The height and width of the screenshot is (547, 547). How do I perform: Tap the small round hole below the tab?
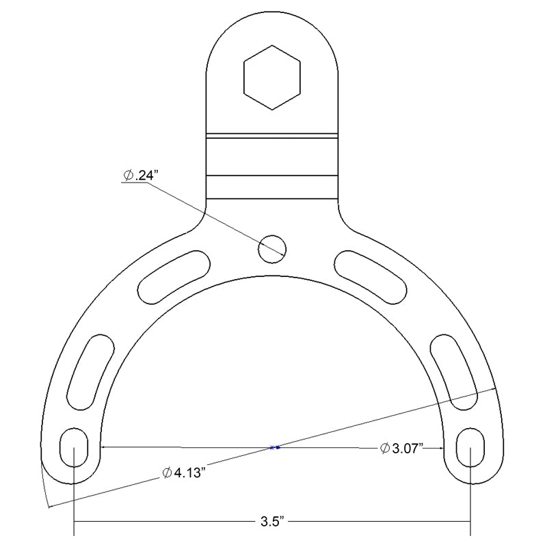(271, 248)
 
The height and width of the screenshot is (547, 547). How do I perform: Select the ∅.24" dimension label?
(141, 176)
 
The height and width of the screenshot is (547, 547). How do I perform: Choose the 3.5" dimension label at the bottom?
(272, 523)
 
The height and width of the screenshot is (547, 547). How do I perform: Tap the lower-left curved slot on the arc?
(89, 371)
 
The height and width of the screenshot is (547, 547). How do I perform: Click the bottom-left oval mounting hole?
(74, 447)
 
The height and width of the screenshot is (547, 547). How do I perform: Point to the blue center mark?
(275, 448)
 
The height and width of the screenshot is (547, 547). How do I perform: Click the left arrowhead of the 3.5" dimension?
(77, 523)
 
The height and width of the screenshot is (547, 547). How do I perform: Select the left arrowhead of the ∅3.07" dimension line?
(104, 448)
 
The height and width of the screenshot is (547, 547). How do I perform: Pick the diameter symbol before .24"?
(128, 176)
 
